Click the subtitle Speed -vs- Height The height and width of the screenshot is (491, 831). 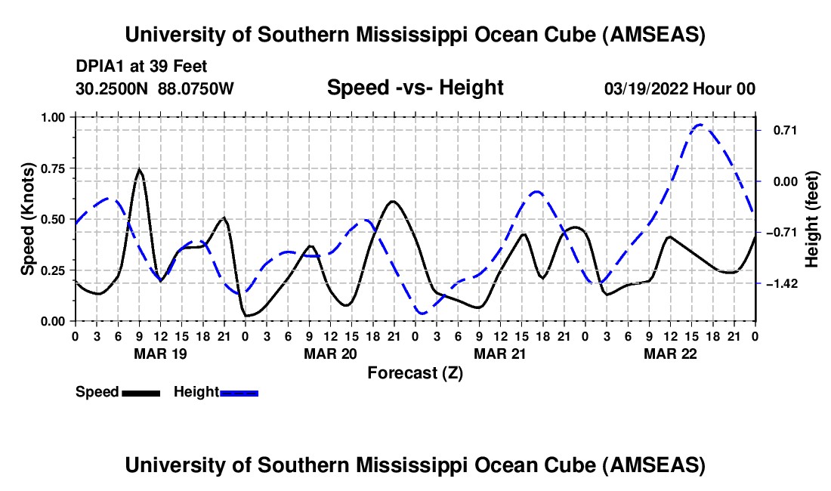click(415, 88)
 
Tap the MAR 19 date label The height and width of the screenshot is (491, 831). click(160, 354)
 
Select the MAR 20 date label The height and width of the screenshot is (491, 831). click(330, 354)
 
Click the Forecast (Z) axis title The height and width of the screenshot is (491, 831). click(415, 372)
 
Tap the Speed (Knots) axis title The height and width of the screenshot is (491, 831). click(27, 219)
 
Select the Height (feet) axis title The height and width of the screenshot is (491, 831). click(813, 219)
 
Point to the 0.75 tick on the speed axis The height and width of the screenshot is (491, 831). click(52, 168)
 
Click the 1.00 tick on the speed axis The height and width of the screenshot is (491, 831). click(52, 117)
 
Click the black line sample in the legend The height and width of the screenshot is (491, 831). click(140, 392)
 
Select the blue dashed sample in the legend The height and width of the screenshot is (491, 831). click(239, 392)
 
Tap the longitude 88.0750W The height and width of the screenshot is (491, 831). click(196, 88)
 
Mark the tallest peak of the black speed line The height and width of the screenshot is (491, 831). click(139, 169)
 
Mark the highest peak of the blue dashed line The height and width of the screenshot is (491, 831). click(700, 125)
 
